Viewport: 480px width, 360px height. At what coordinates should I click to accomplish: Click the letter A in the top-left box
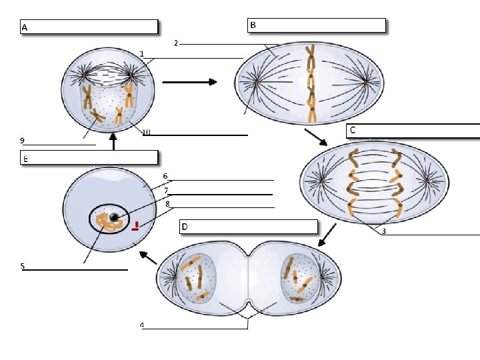25,28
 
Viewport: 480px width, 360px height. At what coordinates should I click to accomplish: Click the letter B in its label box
253,25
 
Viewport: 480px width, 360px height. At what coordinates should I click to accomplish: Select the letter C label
353,130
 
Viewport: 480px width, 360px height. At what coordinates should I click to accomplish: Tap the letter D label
185,227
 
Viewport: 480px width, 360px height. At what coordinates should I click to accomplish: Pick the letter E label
25,159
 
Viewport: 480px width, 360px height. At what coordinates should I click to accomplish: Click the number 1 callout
141,53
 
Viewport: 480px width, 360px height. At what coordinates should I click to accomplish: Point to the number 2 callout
175,43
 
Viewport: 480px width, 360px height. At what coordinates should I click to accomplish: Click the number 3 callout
383,231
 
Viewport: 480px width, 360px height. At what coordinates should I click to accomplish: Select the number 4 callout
141,325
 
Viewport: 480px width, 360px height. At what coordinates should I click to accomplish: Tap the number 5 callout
22,266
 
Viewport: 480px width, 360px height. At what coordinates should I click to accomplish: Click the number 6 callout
165,177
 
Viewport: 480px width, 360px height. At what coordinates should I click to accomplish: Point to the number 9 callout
22,140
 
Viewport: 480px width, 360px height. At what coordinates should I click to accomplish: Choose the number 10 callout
145,132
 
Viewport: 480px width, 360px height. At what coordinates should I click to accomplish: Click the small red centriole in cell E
136,226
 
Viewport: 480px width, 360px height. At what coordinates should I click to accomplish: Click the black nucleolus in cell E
115,217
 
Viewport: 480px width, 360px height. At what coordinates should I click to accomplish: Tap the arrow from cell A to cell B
189,82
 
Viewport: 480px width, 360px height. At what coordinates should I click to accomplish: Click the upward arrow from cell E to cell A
113,141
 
